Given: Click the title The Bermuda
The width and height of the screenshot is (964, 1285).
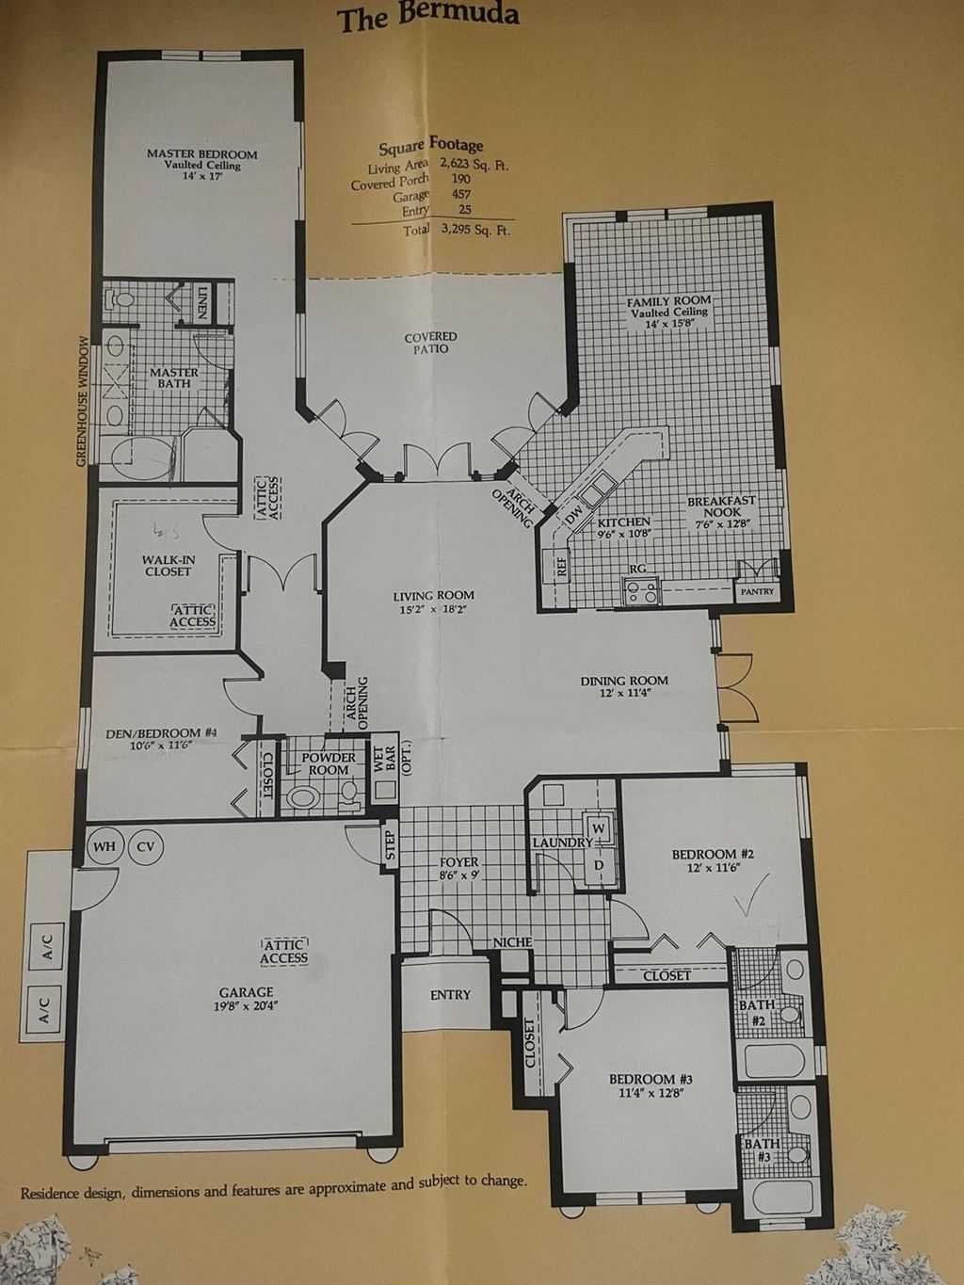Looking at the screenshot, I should pyautogui.click(x=427, y=16).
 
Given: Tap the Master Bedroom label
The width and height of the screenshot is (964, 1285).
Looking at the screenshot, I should pyautogui.click(x=201, y=154).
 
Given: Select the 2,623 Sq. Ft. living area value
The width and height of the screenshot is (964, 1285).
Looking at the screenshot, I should pyautogui.click(x=474, y=164).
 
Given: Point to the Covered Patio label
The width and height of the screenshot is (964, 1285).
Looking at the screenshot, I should pyautogui.click(x=431, y=343).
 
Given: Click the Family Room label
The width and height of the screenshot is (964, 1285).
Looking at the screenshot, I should pyautogui.click(x=668, y=301).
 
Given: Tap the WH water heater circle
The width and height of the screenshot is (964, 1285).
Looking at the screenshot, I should pyautogui.click(x=104, y=846).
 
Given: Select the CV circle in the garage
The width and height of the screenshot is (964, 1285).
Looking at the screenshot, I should pyautogui.click(x=146, y=846).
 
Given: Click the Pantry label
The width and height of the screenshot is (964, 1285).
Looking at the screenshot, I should pyautogui.click(x=757, y=592).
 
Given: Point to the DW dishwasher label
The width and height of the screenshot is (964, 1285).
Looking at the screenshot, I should pyautogui.click(x=574, y=514).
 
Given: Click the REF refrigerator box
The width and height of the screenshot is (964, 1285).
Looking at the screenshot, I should pyautogui.click(x=561, y=566).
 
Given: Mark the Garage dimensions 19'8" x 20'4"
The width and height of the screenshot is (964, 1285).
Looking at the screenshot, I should pyautogui.click(x=247, y=1005).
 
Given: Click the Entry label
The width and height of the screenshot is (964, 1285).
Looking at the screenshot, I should pyautogui.click(x=450, y=995).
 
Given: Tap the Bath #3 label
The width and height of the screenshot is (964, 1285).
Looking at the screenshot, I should pyautogui.click(x=763, y=1150).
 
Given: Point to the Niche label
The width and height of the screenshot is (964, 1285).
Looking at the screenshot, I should pyautogui.click(x=512, y=942).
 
